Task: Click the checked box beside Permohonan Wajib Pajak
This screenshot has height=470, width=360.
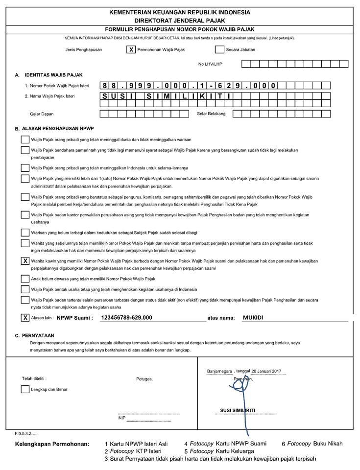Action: coord(131,49)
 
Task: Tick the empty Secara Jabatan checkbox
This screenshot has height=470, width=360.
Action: coord(219,49)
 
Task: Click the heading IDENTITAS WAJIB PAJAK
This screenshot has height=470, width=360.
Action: coord(53,75)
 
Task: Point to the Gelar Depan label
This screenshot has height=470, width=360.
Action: coord(41,114)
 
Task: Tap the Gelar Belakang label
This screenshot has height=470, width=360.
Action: coord(211,114)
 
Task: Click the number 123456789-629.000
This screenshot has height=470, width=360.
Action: coord(126,318)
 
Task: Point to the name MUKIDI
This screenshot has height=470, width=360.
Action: coord(253,318)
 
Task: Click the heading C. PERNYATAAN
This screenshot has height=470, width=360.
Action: coord(35,336)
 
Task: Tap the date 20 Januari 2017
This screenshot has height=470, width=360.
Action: coord(271,371)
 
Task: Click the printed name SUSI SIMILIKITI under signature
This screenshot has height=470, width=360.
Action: coord(238,410)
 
